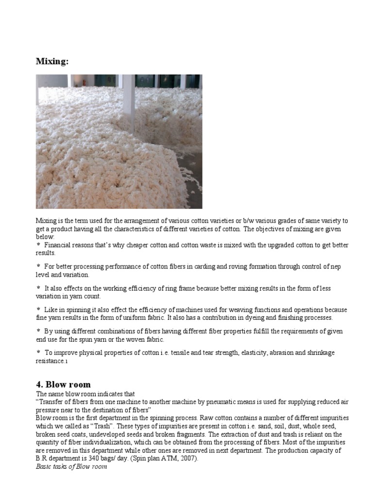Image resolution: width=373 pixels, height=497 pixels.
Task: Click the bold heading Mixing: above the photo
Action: click(52, 62)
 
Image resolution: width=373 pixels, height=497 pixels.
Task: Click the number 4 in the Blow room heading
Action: click(39, 385)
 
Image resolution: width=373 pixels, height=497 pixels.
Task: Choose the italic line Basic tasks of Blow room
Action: click(71, 467)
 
